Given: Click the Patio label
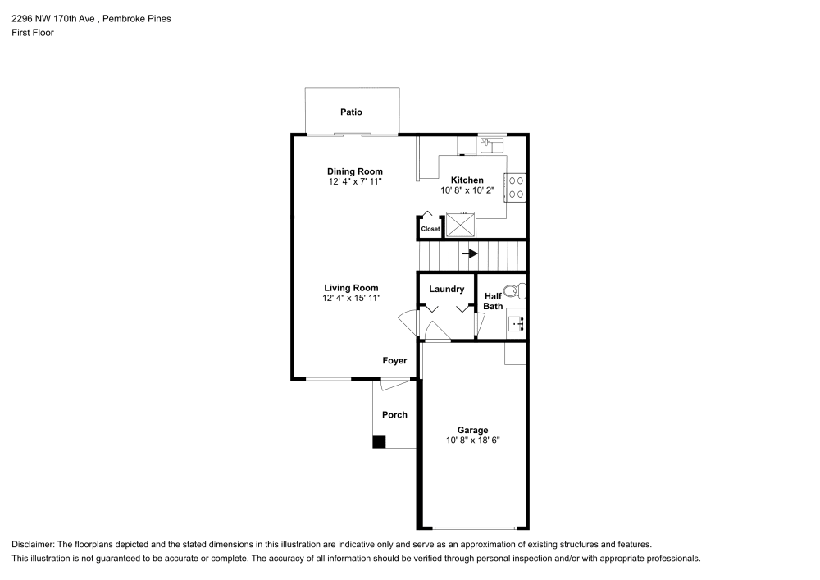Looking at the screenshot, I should (351, 112).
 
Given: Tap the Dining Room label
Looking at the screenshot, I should (354, 171).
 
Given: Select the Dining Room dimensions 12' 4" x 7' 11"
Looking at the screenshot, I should (354, 180).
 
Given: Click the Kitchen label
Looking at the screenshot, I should (467, 180).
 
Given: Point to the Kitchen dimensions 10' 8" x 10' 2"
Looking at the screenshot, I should (467, 190).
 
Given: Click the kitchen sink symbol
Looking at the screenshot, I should (491, 144).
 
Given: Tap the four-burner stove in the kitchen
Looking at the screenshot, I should (517, 188).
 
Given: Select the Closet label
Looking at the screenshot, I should (430, 229).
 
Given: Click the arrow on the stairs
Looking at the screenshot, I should (470, 254).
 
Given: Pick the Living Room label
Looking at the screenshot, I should (351, 288).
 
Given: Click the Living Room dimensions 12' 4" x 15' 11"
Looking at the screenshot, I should (351, 298).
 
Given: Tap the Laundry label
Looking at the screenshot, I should (446, 289).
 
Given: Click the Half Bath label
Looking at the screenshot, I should (493, 301).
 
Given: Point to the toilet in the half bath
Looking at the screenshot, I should (514, 290).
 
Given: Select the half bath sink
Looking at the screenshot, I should (517, 323).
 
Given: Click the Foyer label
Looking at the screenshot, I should (394, 361).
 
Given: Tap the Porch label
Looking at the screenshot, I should (394, 415).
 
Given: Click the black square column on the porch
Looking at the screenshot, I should (379, 442).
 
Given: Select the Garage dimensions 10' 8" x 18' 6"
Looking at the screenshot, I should (472, 441).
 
